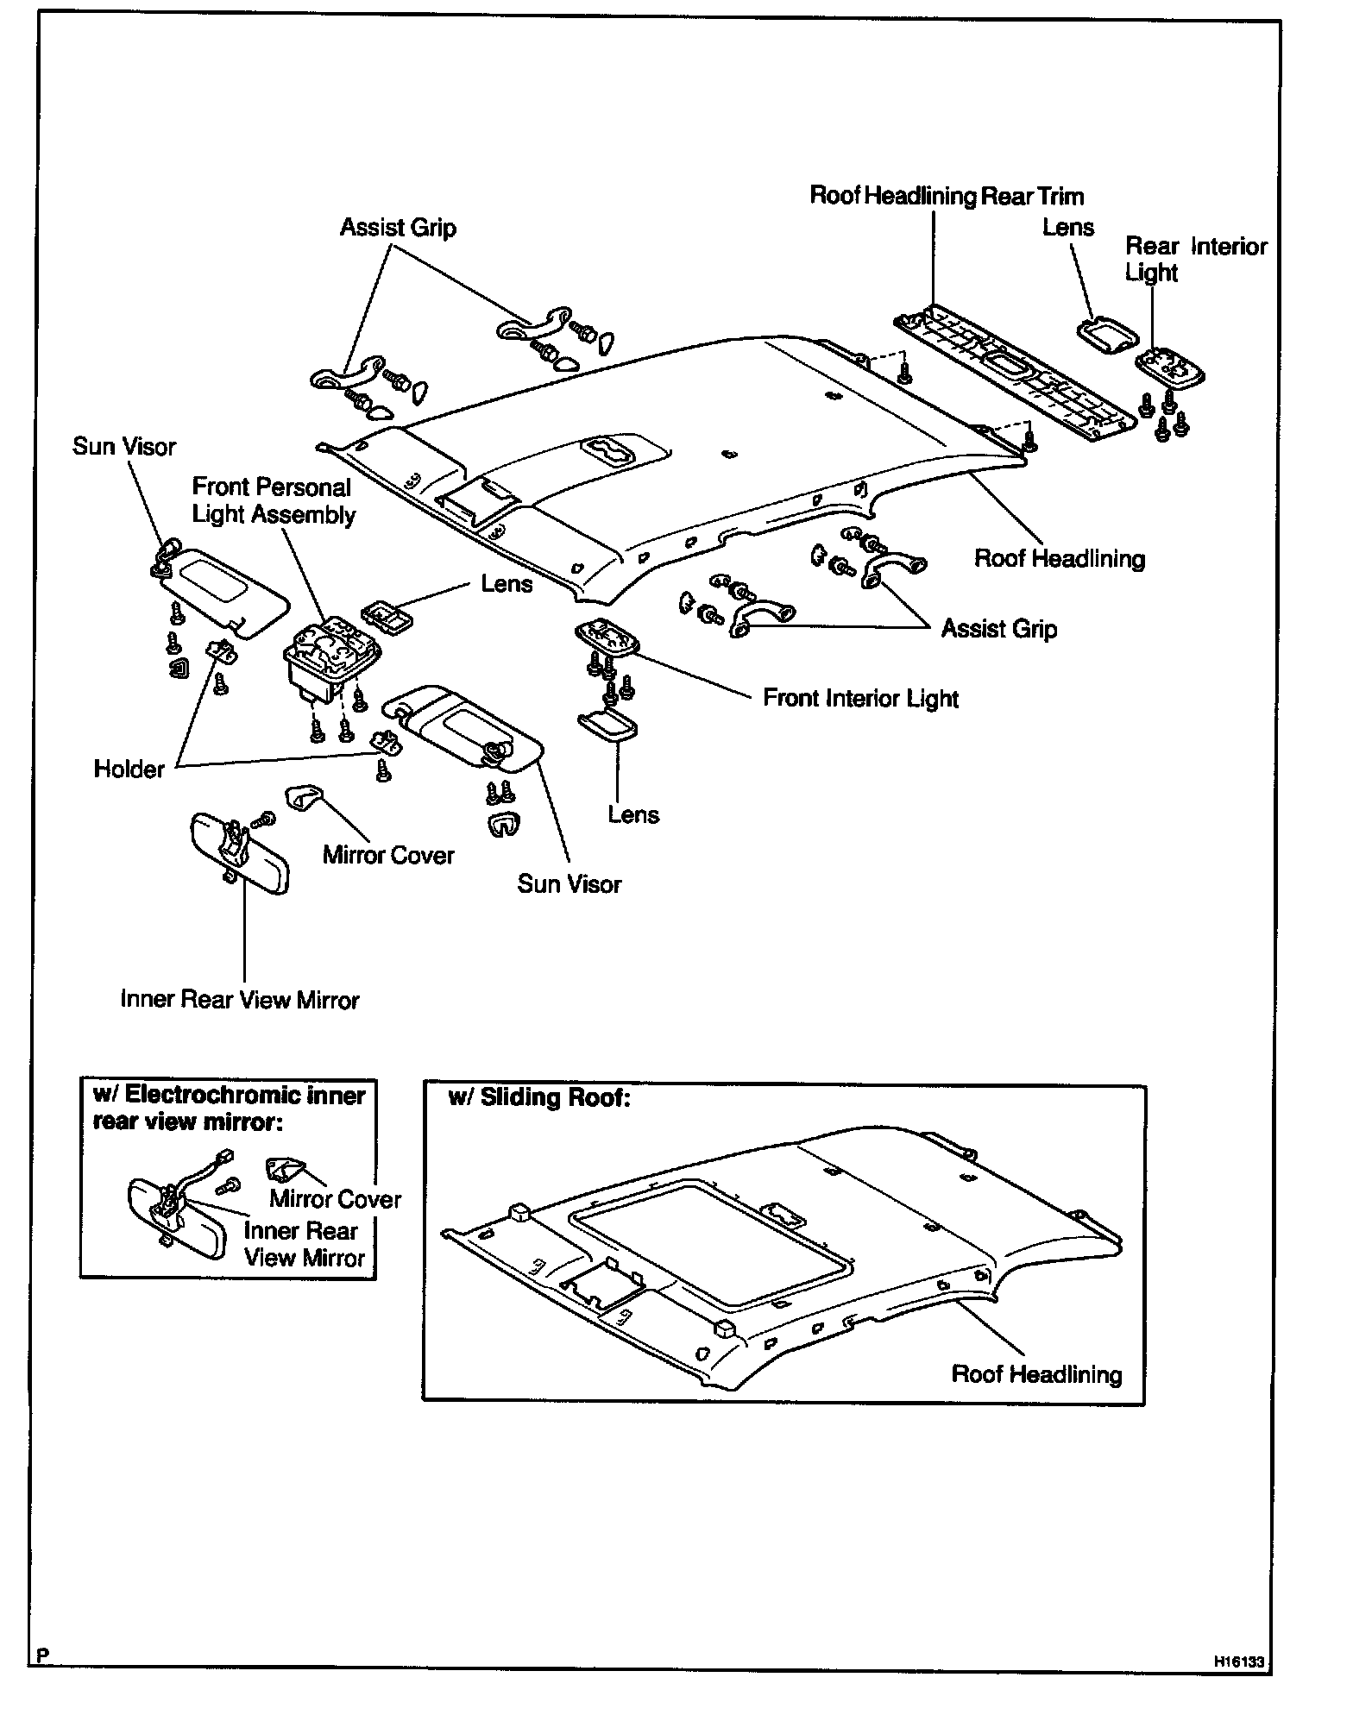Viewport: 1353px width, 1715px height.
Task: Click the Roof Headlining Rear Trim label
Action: [x=947, y=197]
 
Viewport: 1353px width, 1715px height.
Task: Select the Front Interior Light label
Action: [x=860, y=698]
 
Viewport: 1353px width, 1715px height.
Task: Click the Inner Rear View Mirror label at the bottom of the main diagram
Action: [x=240, y=1000]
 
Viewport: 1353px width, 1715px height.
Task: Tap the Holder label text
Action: [x=129, y=769]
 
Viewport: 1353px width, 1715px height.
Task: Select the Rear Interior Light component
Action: [x=1170, y=367]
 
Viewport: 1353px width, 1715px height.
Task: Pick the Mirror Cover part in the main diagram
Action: [x=300, y=798]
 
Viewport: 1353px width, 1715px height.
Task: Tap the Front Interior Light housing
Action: [x=608, y=638]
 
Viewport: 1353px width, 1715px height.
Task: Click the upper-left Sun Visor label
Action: [x=123, y=447]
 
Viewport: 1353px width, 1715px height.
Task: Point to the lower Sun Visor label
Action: [x=569, y=884]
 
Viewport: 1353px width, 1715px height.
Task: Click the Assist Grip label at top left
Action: [x=398, y=228]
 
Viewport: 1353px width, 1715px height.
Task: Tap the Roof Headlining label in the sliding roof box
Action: [x=1036, y=1374]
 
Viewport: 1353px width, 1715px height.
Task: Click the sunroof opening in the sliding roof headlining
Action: [x=708, y=1241]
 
